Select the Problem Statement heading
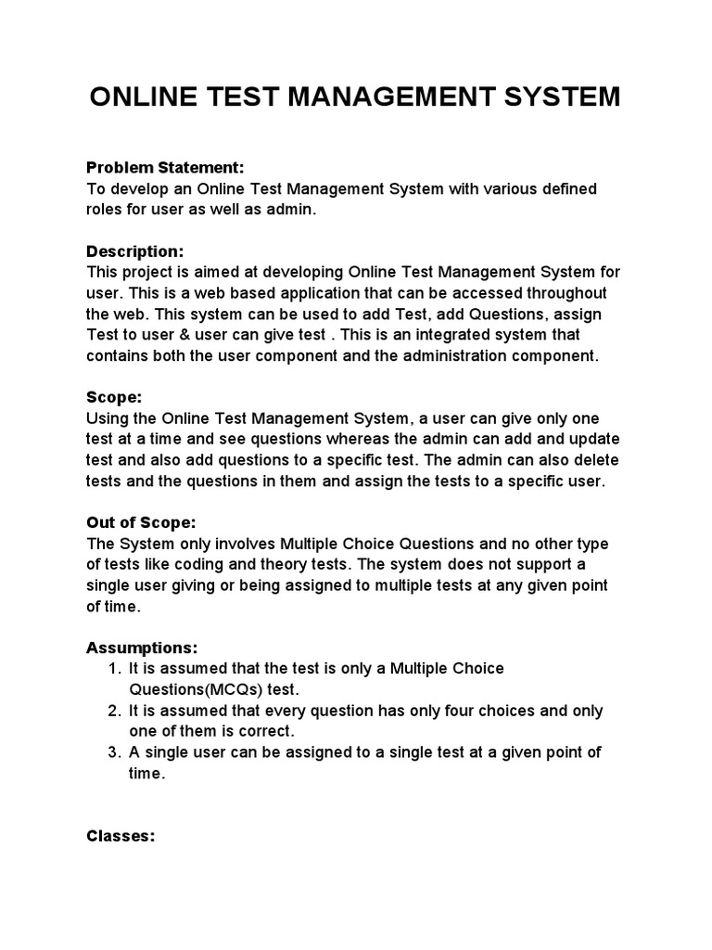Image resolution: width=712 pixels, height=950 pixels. tap(165, 168)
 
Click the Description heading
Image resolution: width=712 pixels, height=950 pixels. tap(135, 251)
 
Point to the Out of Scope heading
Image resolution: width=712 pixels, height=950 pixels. tap(141, 522)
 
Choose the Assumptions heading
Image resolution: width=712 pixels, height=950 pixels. tap(142, 648)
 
